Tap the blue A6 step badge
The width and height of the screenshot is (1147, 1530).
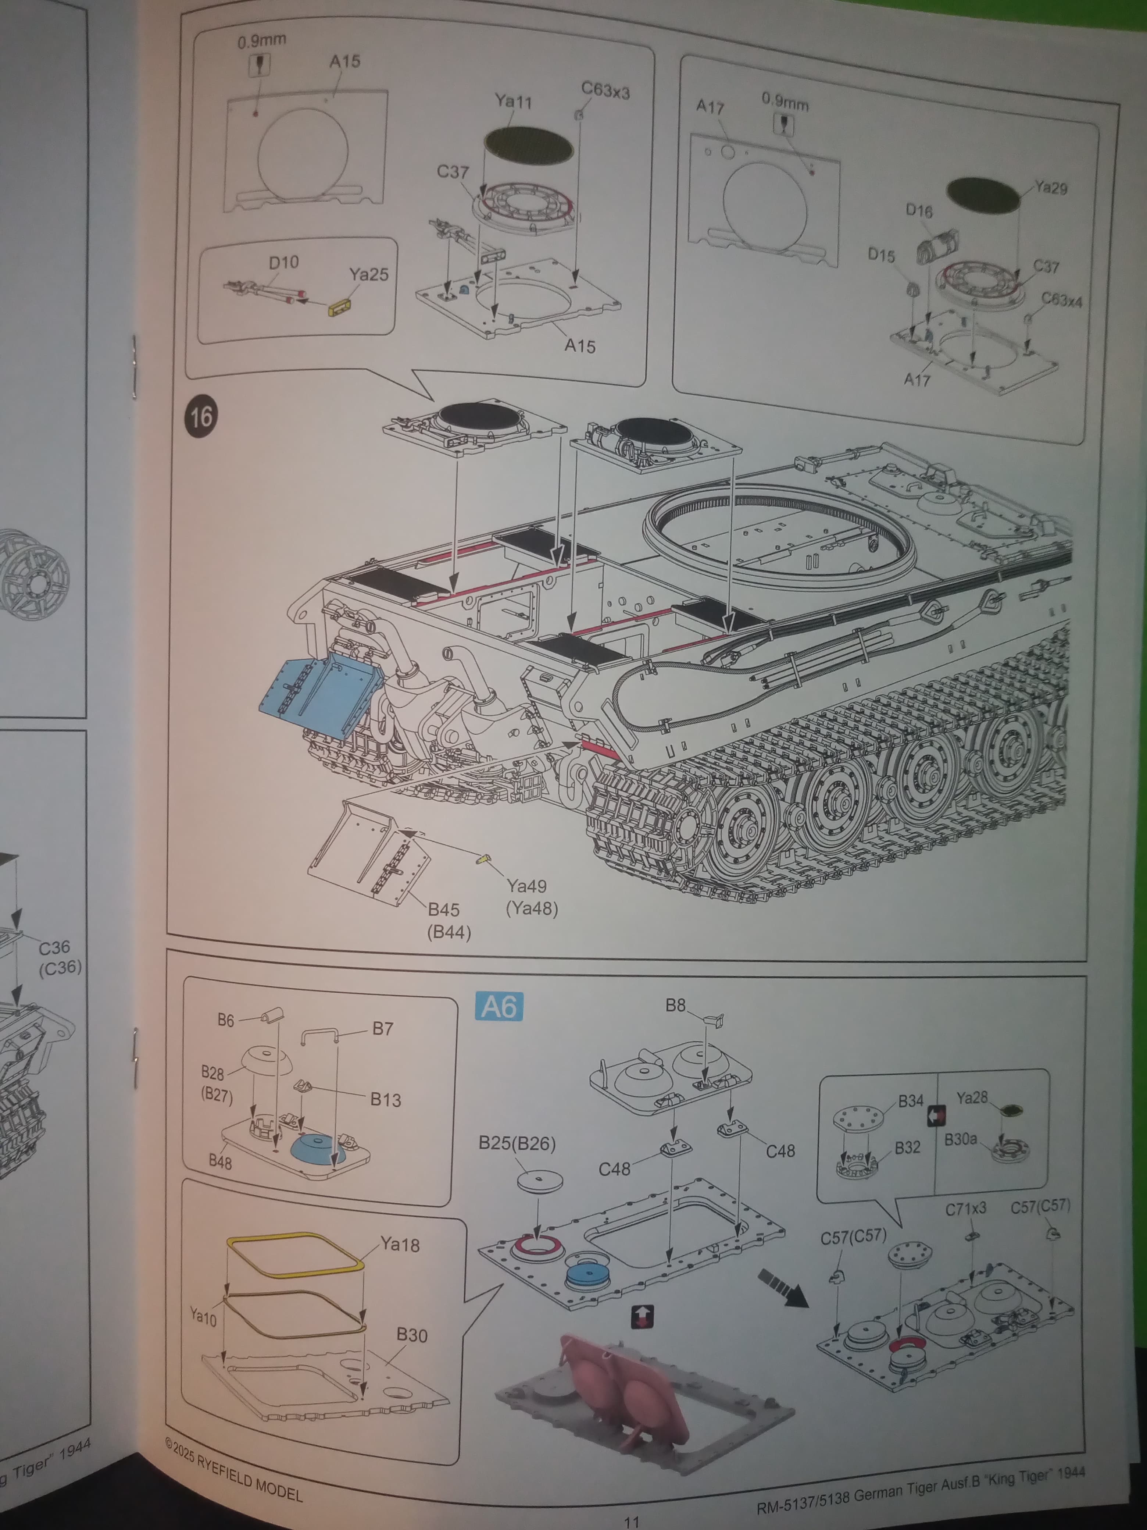coord(499,1006)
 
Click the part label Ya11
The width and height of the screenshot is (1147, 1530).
coord(513,102)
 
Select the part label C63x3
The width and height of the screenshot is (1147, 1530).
coord(605,90)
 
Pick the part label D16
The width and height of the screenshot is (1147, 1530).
coord(919,210)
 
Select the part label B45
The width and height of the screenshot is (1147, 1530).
coord(443,910)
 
